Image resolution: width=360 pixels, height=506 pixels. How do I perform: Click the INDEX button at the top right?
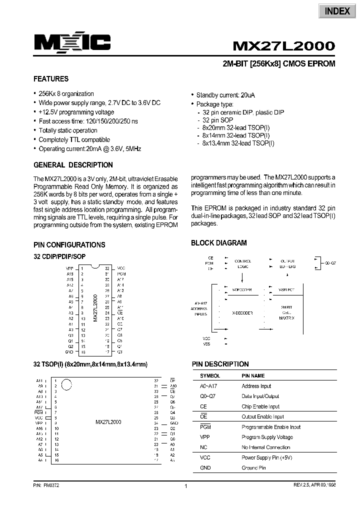337,11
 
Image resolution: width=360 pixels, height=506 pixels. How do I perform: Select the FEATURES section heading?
51,79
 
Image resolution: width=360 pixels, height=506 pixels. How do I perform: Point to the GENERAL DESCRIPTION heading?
73,165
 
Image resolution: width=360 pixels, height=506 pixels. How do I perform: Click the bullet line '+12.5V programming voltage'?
76,112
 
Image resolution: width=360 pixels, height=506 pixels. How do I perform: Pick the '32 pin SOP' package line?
216,120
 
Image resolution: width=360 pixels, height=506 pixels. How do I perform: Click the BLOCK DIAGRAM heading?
218,243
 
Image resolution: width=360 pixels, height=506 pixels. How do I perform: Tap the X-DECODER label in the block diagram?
242,312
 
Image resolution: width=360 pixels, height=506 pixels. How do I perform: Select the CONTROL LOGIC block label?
242,264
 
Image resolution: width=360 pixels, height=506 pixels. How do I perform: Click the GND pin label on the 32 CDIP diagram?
69,352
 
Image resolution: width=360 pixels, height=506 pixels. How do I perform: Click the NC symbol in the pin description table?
203,447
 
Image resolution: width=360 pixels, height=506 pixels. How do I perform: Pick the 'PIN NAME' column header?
253,375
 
